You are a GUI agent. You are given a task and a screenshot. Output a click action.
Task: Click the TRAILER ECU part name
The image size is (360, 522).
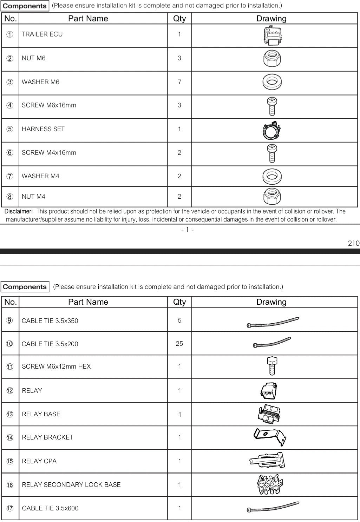point(42,34)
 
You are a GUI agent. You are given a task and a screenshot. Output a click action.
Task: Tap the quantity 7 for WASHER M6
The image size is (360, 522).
point(179,82)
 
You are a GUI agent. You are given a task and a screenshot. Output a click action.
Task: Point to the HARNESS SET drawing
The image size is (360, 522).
point(272,130)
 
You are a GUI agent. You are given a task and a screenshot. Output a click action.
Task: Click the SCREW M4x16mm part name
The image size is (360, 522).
point(49,153)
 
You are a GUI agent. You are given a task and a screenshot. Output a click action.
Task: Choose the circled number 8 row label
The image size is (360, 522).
point(10,197)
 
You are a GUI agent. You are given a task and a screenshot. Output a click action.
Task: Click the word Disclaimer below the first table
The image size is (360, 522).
point(18,211)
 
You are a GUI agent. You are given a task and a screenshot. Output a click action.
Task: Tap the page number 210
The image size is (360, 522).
point(354,243)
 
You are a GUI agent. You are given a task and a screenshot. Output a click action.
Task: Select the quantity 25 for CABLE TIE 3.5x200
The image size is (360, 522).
point(179,344)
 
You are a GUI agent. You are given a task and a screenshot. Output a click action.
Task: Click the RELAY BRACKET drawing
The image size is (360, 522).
point(270,436)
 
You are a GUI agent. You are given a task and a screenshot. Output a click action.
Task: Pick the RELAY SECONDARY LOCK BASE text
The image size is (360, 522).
point(71,485)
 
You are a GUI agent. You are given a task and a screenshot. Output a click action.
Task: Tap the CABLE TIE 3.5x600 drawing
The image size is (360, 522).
point(273,507)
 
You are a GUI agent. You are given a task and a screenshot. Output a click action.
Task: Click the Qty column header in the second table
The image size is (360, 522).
point(179,302)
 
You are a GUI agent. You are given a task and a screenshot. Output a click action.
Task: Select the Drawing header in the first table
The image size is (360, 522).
point(271,19)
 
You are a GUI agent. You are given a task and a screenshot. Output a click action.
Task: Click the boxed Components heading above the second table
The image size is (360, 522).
point(25,287)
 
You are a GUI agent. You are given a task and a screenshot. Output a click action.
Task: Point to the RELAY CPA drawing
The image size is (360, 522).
point(267,460)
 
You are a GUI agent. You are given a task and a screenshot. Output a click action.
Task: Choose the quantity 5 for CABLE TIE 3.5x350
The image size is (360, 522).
point(179,321)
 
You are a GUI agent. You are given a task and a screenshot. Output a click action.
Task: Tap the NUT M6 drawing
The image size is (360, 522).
point(272,58)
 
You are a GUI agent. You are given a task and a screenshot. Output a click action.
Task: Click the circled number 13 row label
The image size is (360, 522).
point(10,415)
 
